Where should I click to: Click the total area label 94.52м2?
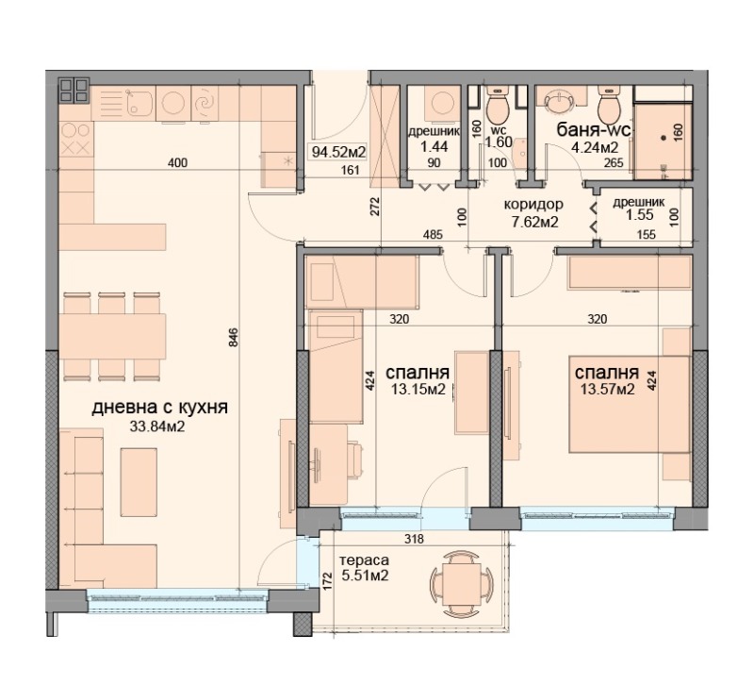[x=339, y=150]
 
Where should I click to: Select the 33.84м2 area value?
[x=156, y=426]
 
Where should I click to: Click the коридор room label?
[x=534, y=205]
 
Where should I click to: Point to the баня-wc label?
[x=594, y=129]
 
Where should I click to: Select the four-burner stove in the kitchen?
[x=75, y=139]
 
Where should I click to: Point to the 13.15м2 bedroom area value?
[x=418, y=389]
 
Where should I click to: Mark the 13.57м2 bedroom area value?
[x=605, y=388]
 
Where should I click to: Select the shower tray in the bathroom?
[x=664, y=138]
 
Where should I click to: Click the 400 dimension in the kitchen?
[x=177, y=163]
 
